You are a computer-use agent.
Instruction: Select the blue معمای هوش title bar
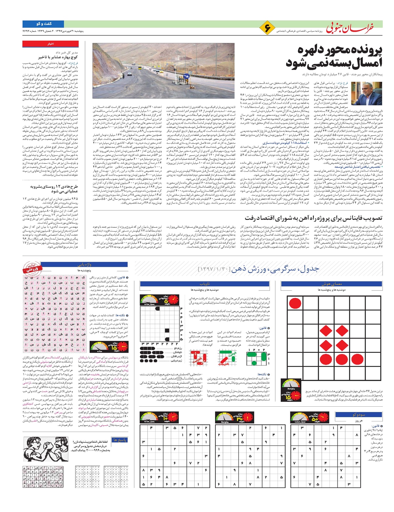332,284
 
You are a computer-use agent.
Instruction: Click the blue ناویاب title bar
204,284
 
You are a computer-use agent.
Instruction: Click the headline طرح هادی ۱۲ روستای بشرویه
54,188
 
